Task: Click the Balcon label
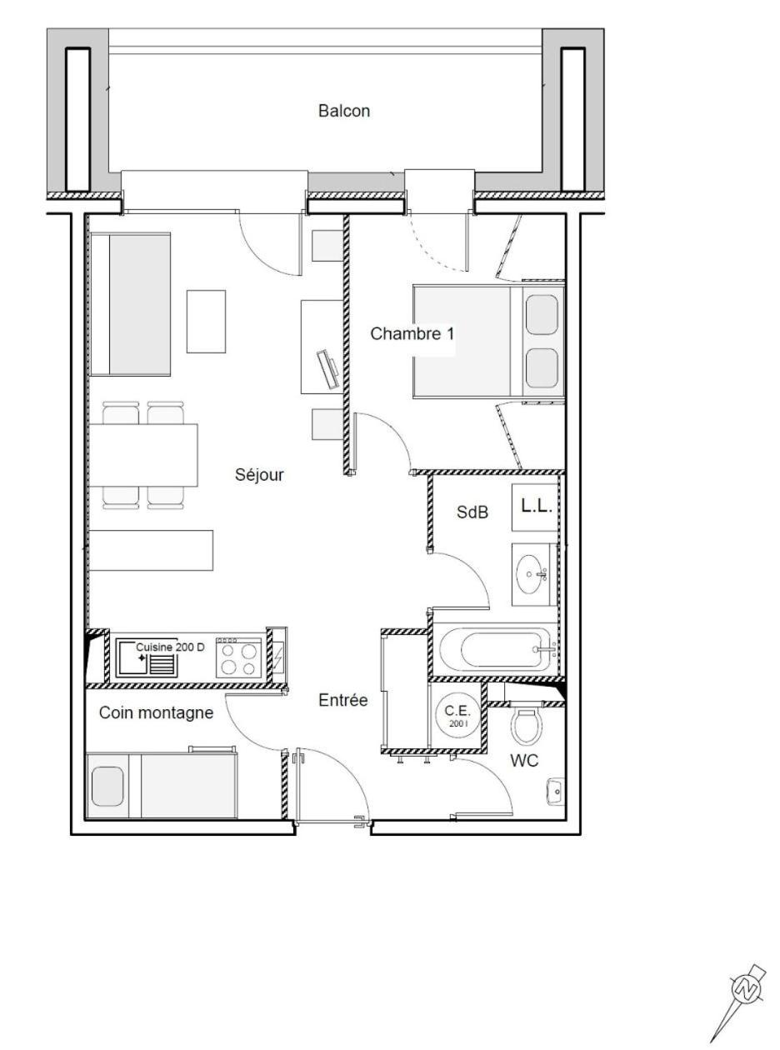tap(344, 111)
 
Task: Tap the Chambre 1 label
tap(412, 333)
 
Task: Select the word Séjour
tap(259, 474)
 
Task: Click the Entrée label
tap(342, 700)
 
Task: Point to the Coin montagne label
tap(156, 712)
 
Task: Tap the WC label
tap(524, 761)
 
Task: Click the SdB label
tap(472, 512)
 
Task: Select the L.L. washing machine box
tap(536, 507)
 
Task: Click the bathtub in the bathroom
tap(495, 649)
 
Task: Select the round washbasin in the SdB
tap(532, 574)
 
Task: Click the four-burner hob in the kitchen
tap(238, 658)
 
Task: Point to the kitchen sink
tap(147, 658)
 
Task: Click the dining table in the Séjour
tap(143, 455)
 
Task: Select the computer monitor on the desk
tap(328, 369)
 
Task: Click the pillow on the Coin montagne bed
tap(107, 787)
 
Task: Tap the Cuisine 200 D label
tap(170, 647)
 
